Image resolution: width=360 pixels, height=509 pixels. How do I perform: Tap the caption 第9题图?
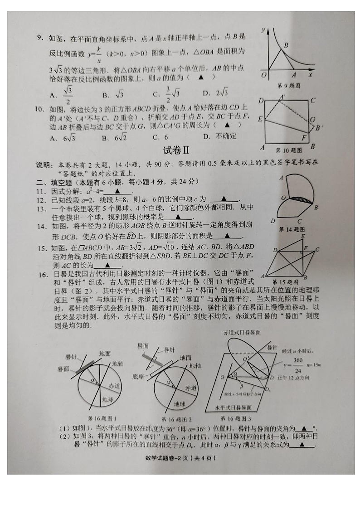tap(288, 86)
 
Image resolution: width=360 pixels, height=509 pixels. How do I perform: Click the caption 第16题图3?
tap(235, 418)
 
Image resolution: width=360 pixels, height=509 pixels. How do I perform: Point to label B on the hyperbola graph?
tap(286, 45)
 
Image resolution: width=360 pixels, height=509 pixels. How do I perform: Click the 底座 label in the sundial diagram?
tap(138, 376)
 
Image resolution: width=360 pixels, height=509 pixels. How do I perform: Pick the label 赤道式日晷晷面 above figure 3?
tap(242, 332)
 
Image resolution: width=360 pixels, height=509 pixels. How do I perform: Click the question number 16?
tap(42, 275)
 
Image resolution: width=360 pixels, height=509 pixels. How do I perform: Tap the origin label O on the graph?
tap(263, 75)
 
